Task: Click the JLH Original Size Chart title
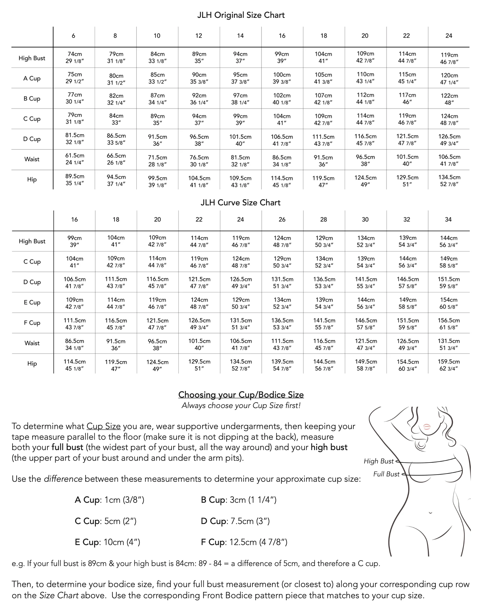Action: [x=241, y=15]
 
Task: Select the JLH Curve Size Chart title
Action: [x=240, y=202]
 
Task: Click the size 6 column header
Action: [x=74, y=36]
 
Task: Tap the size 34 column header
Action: [x=448, y=219]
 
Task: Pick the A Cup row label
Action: [x=32, y=78]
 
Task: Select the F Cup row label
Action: [x=32, y=323]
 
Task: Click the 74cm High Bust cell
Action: [x=75, y=57]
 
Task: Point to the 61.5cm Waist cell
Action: [x=75, y=159]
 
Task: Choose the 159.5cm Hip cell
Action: [x=448, y=365]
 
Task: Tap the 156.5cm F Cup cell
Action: [x=448, y=324]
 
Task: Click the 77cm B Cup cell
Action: [x=75, y=98]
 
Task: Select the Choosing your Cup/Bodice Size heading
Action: [x=241, y=394]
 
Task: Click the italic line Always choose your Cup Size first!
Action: [x=241, y=405]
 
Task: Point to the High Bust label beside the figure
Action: [x=378, y=461]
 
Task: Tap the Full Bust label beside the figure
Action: [x=386, y=474]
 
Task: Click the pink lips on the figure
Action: [x=427, y=427]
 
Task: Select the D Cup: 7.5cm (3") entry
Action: [x=235, y=521]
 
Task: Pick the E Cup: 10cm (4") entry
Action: [x=107, y=542]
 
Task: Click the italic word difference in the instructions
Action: [x=63, y=479]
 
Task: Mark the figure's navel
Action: [x=430, y=513]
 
